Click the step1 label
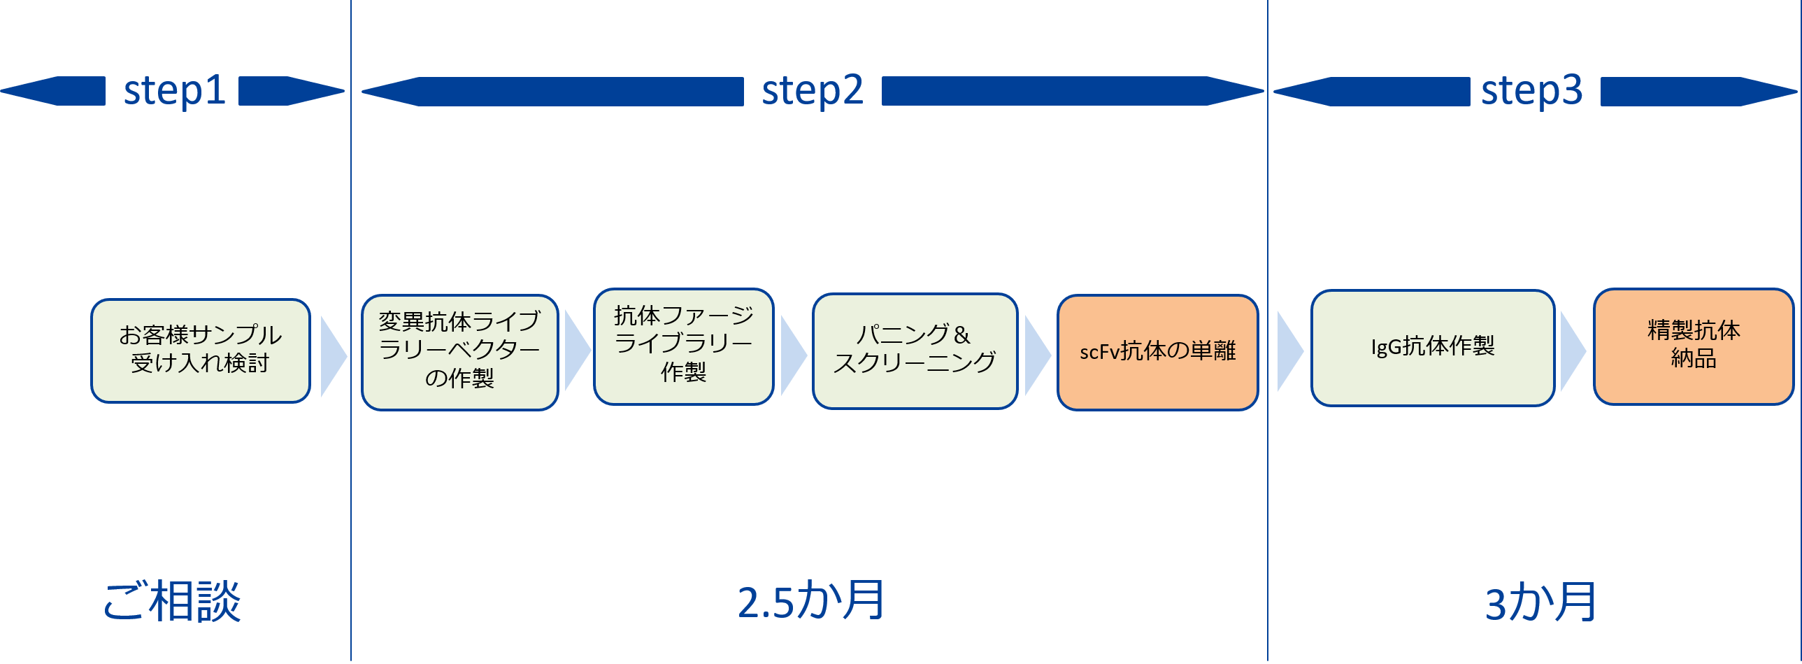[x=174, y=91]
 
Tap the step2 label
[x=812, y=91]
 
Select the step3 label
[x=1531, y=91]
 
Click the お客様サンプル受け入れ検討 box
[x=200, y=351]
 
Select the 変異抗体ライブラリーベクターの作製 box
[x=459, y=352]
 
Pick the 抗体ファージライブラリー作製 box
[x=683, y=346]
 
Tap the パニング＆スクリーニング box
[x=915, y=351]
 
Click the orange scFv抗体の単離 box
[x=1157, y=352]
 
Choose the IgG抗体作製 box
[x=1432, y=348]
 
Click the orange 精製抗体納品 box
[x=1693, y=346]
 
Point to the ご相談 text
[x=172, y=600]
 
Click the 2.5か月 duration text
[x=811, y=600]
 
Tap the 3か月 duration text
[x=1540, y=602]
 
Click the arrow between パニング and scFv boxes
[x=1037, y=355]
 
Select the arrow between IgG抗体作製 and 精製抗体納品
[x=1572, y=351]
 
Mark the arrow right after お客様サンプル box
[x=332, y=356]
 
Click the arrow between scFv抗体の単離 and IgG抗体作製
[x=1289, y=351]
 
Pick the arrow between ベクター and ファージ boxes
[x=576, y=351]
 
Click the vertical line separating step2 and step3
[x=1268, y=210]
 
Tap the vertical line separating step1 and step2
[x=351, y=210]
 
